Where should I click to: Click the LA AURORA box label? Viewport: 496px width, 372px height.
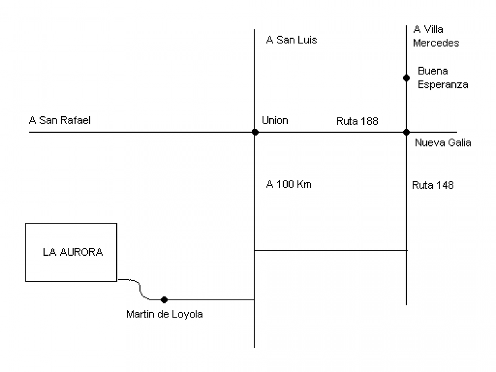(x=73, y=252)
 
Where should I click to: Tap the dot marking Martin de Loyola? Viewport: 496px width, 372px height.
(x=164, y=300)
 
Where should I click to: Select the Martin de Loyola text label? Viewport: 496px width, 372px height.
(x=164, y=314)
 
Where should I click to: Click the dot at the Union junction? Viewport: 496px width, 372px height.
(x=255, y=132)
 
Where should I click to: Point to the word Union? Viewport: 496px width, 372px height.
(x=275, y=120)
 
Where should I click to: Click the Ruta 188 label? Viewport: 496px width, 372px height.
(x=357, y=121)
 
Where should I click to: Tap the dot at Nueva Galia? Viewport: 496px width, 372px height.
(x=406, y=132)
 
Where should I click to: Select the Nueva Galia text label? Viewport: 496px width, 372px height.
(x=443, y=143)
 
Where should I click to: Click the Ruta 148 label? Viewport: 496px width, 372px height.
(x=433, y=185)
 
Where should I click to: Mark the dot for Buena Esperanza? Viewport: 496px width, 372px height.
(x=406, y=78)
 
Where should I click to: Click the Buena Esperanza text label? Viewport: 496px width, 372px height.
(x=442, y=78)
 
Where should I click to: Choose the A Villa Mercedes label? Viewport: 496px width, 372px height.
(x=436, y=36)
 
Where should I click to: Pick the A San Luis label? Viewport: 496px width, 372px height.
(x=291, y=40)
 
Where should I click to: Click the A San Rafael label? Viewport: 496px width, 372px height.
(x=60, y=120)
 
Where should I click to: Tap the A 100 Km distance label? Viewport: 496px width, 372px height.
(x=289, y=184)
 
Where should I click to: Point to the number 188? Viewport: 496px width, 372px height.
(x=370, y=121)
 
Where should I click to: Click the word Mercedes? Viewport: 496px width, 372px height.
(x=436, y=43)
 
